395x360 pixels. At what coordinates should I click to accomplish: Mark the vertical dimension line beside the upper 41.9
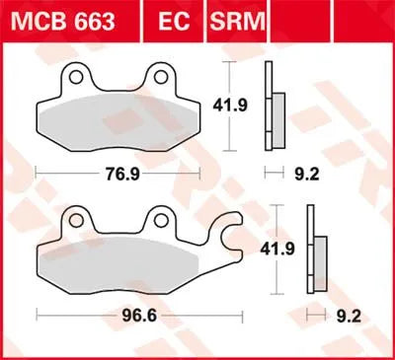231,105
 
